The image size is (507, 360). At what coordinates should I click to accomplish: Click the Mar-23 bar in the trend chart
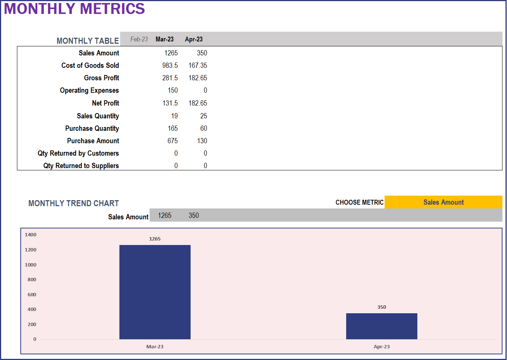(x=155, y=292)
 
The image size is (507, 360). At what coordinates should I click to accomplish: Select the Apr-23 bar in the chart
(x=382, y=326)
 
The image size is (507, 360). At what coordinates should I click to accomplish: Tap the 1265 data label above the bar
(x=155, y=239)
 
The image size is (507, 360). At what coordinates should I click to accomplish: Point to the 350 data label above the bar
(x=382, y=307)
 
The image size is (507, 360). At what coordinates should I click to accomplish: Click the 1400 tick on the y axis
(x=31, y=235)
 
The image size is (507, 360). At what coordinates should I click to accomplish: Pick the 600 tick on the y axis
(x=32, y=295)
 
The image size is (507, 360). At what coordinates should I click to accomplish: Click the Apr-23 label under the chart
(x=382, y=347)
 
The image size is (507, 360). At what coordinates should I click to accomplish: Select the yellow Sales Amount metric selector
(x=443, y=202)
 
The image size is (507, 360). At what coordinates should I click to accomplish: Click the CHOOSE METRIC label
(x=359, y=202)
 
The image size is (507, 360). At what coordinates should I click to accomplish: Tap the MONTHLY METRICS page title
(x=74, y=9)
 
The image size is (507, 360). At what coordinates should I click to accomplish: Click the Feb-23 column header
(x=139, y=39)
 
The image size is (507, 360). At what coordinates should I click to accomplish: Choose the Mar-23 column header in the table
(x=165, y=39)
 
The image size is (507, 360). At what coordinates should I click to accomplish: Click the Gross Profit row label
(x=101, y=78)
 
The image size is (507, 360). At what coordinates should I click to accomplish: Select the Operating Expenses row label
(x=89, y=90)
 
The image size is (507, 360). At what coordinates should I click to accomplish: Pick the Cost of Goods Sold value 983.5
(x=170, y=66)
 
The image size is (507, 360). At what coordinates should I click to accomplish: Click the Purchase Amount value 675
(x=173, y=141)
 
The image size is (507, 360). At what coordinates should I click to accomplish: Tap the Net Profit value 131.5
(x=170, y=103)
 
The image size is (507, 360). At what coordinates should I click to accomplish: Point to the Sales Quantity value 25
(x=203, y=116)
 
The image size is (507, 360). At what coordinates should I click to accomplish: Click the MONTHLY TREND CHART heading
(x=73, y=204)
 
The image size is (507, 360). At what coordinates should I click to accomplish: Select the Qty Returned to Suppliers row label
(x=81, y=166)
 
